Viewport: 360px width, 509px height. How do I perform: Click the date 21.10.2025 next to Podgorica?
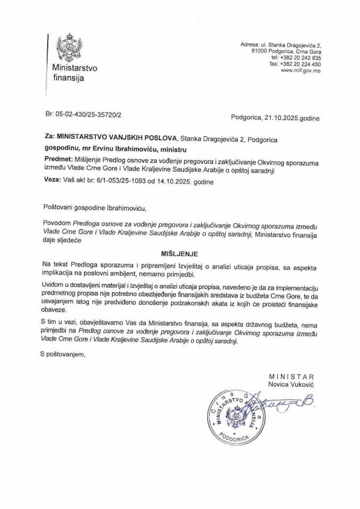[x=280, y=118]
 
